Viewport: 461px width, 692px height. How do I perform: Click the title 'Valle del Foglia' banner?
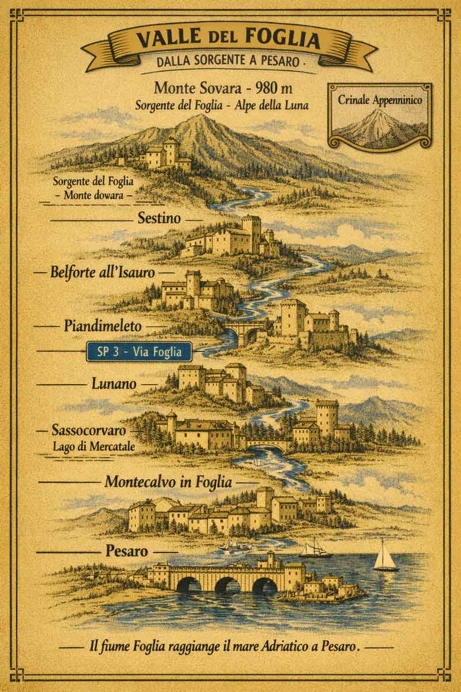tap(228, 40)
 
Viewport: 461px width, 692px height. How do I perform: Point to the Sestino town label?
tap(160, 219)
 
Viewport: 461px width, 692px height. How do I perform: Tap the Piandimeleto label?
tap(103, 326)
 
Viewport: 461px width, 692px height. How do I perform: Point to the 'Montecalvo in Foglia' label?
tap(168, 482)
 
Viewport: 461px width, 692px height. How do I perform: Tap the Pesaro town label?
tap(127, 551)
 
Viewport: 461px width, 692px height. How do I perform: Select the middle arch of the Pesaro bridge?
tap(227, 584)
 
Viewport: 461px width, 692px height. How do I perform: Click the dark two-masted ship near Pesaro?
tap(316, 548)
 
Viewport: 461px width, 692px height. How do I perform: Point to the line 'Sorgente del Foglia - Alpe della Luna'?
tap(222, 106)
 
